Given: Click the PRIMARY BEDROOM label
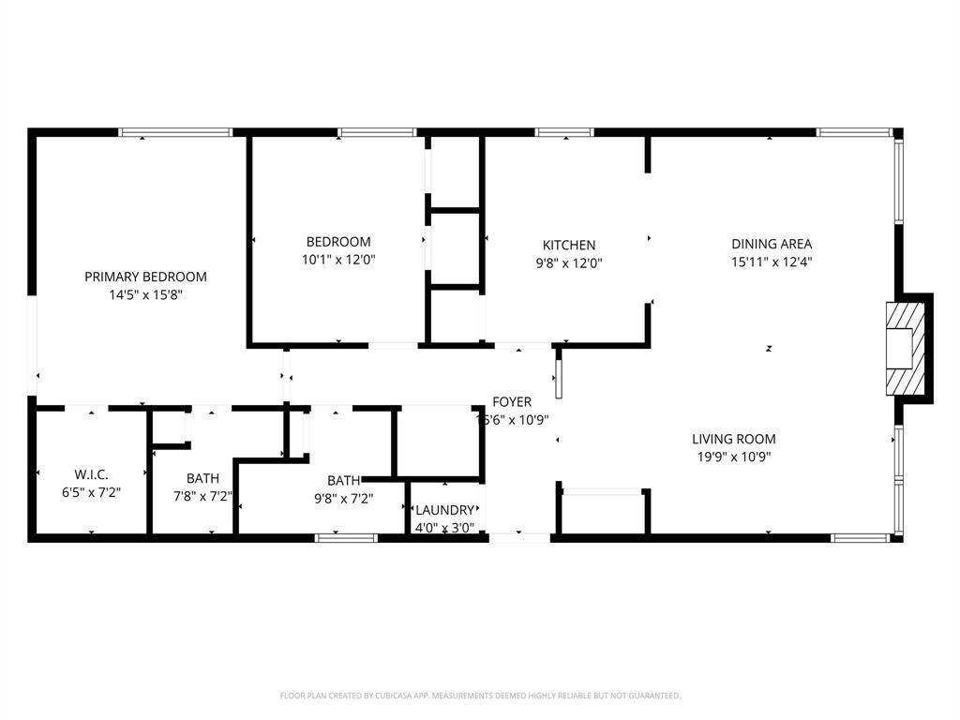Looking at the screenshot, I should coord(145,277).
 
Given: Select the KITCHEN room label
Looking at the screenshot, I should coord(569,246).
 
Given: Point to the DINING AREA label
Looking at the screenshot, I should coord(771,244).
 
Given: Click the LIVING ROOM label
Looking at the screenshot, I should coord(733,439).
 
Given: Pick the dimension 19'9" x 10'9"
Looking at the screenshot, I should coord(733,457).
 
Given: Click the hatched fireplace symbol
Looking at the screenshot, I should coord(904,348).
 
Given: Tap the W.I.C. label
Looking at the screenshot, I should coord(91,474).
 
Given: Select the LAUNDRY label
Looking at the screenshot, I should coord(444,510).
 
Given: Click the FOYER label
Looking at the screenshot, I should coord(512,402).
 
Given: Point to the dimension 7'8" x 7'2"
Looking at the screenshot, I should coord(202,496).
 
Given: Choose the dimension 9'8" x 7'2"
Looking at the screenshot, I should coord(343,499).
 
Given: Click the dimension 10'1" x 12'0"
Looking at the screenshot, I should coord(338,259).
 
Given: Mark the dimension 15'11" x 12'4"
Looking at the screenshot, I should coord(771,262).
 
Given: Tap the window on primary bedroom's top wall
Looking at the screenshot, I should coord(175,132).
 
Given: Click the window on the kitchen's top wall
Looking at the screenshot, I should coord(564,132).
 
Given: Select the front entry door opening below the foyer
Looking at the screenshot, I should coord(519,537).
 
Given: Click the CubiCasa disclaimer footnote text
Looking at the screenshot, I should coord(480,696).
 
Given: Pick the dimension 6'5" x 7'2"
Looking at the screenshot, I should coord(91,492).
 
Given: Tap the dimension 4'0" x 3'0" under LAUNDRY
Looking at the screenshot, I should coord(444,527).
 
